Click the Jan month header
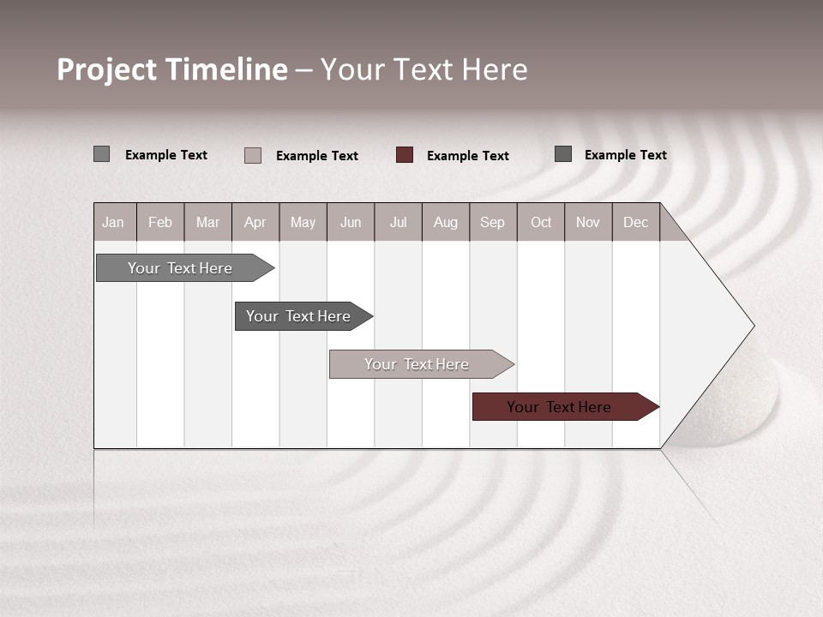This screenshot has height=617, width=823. [x=114, y=222]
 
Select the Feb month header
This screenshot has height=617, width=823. [x=160, y=222]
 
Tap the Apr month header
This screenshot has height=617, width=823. [x=255, y=222]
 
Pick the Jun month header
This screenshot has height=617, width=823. [x=351, y=222]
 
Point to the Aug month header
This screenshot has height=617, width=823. [x=446, y=222]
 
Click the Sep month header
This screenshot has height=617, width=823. [x=493, y=222]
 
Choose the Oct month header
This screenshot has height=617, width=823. [x=541, y=222]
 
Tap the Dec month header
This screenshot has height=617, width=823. [x=636, y=222]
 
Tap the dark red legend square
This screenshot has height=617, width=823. [x=405, y=155]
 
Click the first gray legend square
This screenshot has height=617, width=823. [x=102, y=154]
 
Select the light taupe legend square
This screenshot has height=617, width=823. [x=253, y=155]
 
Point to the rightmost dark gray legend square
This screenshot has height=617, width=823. [x=563, y=154]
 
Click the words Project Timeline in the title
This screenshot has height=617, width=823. [x=172, y=69]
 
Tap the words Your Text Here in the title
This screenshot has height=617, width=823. [x=424, y=69]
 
